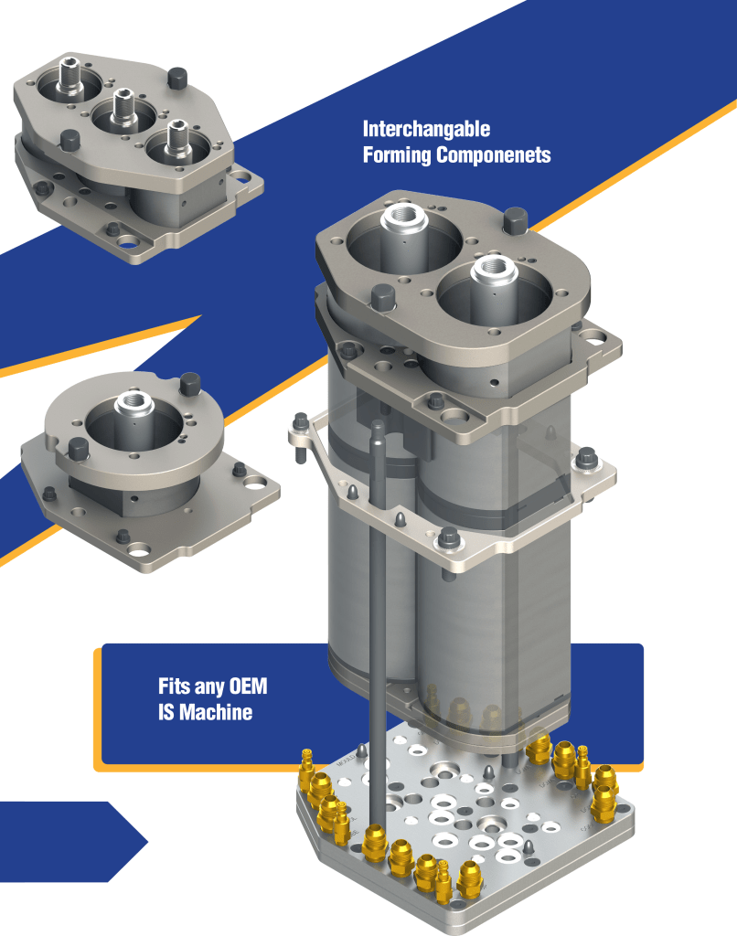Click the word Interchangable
(x=426, y=129)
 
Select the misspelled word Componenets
(x=494, y=155)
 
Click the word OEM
(x=248, y=686)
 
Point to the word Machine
(x=216, y=712)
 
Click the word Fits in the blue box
(x=174, y=686)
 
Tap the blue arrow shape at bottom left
(x=71, y=842)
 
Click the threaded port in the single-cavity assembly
(x=134, y=404)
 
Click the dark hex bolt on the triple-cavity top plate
(x=177, y=79)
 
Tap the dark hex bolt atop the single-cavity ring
(x=190, y=384)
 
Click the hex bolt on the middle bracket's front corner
(x=449, y=537)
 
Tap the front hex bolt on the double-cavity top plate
(x=383, y=297)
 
